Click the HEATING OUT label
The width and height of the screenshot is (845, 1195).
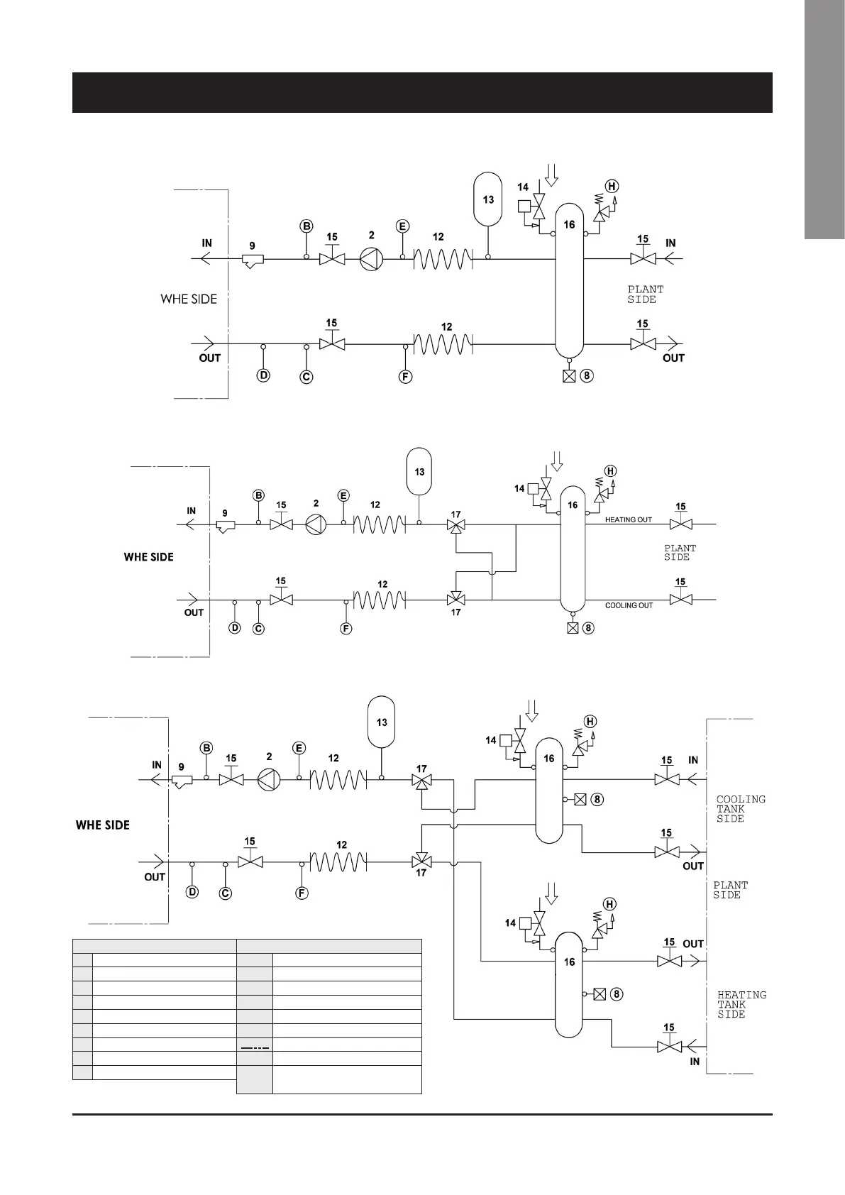click(628, 519)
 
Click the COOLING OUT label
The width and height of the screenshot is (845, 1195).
click(629, 605)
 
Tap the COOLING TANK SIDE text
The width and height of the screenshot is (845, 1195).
click(740, 809)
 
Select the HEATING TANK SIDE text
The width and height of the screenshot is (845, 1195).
click(741, 1005)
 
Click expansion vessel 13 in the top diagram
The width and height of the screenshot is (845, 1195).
click(488, 199)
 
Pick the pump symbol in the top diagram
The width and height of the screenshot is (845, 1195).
click(370, 259)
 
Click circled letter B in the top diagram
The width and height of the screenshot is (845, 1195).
click(306, 226)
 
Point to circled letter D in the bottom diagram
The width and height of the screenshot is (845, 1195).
click(192, 892)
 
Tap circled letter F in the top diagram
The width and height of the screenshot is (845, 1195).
click(405, 376)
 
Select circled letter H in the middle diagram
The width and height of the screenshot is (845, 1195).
click(610, 470)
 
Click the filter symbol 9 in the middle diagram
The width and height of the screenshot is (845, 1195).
click(225, 527)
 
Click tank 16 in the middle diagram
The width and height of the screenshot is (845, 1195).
click(573, 546)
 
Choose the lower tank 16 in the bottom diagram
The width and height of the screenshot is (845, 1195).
click(568, 986)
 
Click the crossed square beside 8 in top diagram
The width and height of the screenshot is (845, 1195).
click(568, 377)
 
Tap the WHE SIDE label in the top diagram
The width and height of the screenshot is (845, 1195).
click(189, 299)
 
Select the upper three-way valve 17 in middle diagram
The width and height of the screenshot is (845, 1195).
click(455, 526)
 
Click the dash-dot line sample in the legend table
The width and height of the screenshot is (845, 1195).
click(254, 1048)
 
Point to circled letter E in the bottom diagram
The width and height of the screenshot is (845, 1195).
click(299, 748)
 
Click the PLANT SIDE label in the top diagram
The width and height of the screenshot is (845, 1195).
click(645, 294)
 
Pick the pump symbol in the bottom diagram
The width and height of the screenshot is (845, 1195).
click(269, 779)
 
